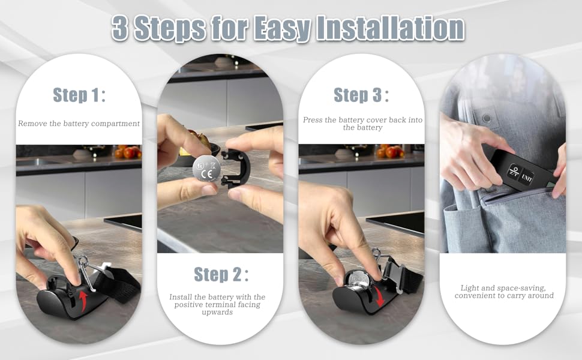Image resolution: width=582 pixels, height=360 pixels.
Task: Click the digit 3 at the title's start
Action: click(x=120, y=28)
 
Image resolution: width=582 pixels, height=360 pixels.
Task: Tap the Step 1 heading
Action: click(x=79, y=95)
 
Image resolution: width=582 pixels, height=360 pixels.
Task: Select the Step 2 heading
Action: click(x=221, y=275)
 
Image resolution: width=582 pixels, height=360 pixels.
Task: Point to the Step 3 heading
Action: click(x=361, y=95)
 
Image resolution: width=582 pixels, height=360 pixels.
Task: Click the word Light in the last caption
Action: click(x=469, y=288)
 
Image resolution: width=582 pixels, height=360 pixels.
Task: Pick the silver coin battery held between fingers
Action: click(x=207, y=169)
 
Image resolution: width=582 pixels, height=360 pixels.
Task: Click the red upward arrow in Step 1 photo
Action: click(x=83, y=300)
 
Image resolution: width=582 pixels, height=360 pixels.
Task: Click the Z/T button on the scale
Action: click(x=514, y=171)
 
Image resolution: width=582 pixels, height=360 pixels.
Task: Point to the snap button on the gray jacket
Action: click(x=487, y=118)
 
